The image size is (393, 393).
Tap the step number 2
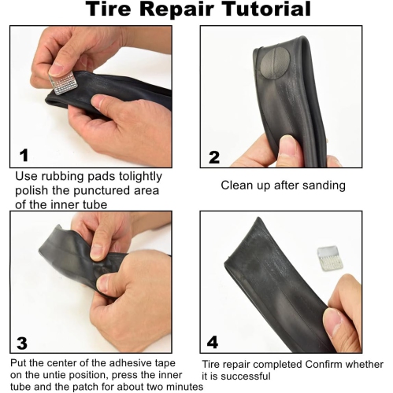click(x=213, y=156)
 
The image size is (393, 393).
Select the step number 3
click(x=22, y=343)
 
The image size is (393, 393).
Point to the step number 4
click(x=213, y=343)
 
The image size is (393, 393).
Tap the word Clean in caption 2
click(x=237, y=185)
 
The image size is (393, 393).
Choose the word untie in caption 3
click(x=57, y=375)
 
